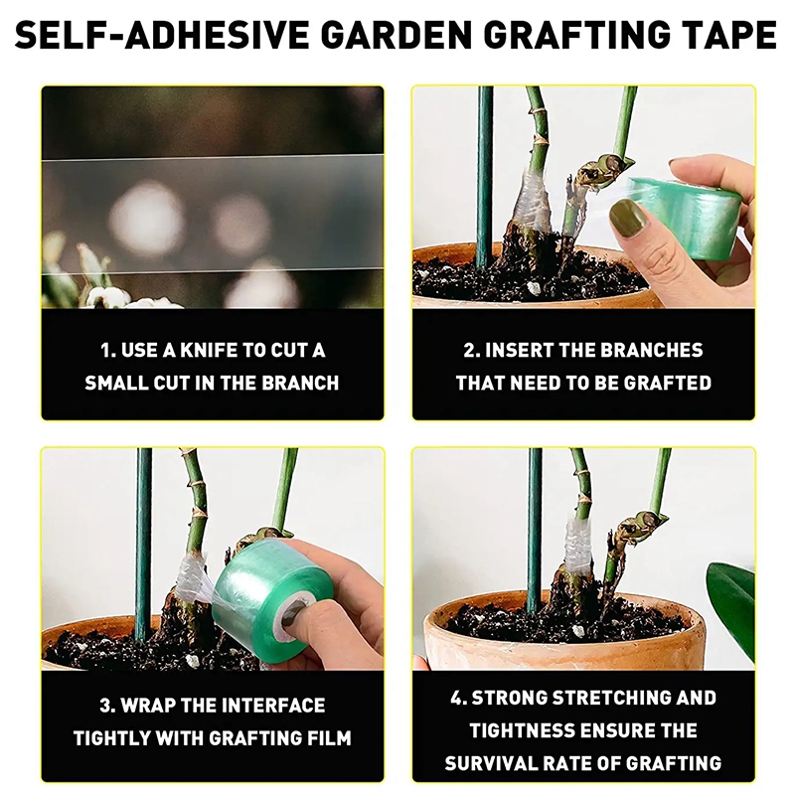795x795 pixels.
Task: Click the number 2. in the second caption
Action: (473, 351)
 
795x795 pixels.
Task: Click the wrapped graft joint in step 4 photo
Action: (578, 543)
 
